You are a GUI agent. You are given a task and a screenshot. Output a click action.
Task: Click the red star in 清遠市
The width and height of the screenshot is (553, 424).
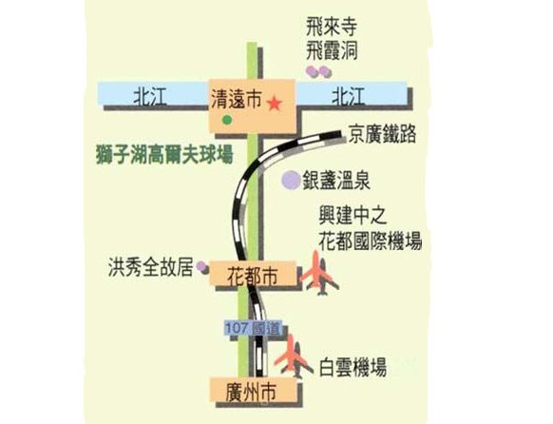tap(274, 104)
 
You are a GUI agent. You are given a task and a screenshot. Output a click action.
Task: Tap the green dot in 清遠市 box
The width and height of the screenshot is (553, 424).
tap(227, 120)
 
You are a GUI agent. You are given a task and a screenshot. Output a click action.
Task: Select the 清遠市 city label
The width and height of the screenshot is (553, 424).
tap(236, 99)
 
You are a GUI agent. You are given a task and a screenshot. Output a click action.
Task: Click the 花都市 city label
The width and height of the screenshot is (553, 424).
tap(252, 276)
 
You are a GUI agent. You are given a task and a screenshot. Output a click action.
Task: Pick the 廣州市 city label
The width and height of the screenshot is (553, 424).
tap(251, 392)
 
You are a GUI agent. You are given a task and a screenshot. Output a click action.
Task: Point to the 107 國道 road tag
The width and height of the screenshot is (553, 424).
tap(253, 329)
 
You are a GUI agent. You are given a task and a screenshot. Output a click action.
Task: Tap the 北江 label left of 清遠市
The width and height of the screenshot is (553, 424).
tap(149, 97)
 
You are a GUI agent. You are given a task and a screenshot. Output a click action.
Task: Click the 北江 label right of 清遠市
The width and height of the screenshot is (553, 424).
tap(349, 97)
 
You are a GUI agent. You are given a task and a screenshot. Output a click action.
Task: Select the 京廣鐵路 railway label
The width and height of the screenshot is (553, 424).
tap(382, 134)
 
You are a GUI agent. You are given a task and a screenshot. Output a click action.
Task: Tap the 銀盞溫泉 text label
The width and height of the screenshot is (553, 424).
tap(336, 181)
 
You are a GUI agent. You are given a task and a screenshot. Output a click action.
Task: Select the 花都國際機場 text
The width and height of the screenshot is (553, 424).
tap(371, 241)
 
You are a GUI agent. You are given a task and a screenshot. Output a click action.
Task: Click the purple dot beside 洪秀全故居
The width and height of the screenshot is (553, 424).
tap(202, 267)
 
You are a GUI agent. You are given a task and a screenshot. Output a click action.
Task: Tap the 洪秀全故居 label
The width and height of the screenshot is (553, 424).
tap(150, 267)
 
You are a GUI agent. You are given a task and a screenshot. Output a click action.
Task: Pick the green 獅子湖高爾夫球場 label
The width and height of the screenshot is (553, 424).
tap(164, 154)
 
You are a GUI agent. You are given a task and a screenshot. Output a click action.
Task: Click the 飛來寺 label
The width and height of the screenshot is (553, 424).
tap(332, 27)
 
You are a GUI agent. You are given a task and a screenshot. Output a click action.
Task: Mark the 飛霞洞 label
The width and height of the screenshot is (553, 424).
tap(332, 51)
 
